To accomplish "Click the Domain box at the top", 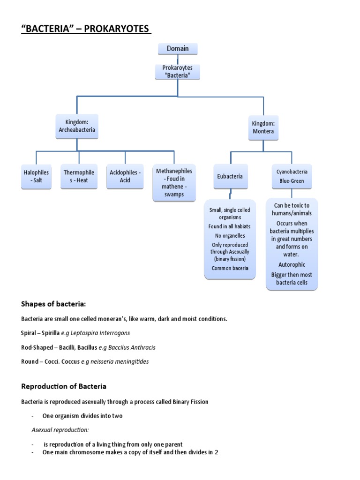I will (x=177, y=49).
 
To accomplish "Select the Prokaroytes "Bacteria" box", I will (x=177, y=72).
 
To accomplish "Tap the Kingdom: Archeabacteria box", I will (x=77, y=126).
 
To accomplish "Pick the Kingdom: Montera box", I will (x=262, y=127).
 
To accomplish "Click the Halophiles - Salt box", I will (x=36, y=176).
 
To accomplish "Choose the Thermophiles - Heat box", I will (x=79, y=176).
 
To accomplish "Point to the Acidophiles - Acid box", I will (x=125, y=176).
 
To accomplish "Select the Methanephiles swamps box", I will (x=174, y=183).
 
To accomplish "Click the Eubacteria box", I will (x=230, y=176).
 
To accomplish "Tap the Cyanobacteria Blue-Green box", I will (x=292, y=176).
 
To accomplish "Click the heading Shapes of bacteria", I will (x=53, y=304).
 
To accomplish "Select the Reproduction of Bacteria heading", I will (x=64, y=387).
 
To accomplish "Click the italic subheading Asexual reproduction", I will (x=60, y=430).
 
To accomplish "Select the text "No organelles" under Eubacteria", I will (x=230, y=236).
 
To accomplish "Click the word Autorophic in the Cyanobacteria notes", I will (x=292, y=265).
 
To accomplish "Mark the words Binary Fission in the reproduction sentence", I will (x=190, y=402).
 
